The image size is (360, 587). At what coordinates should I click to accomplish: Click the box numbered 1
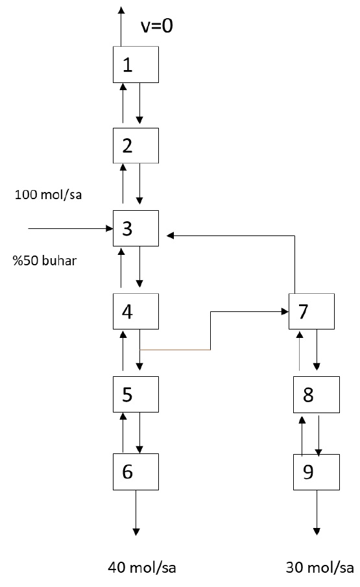136,64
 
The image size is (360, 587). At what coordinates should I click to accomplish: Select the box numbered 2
136,145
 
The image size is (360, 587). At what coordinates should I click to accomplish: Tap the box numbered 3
136,228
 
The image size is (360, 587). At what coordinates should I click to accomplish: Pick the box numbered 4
136,311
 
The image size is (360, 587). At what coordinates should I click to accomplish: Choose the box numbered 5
136,393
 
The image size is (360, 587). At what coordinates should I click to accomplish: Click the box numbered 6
136,472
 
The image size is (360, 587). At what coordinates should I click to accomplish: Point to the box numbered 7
312,311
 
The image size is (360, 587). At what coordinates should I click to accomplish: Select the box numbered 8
316,394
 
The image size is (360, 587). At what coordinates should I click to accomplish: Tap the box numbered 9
316,472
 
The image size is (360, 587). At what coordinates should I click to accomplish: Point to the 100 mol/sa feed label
49,195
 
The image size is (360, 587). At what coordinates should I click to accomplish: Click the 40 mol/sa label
141,568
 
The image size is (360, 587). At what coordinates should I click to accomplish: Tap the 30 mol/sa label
320,568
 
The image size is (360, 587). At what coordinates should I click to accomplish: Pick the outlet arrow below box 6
136,512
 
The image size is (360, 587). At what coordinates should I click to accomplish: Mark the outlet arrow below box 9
317,512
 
